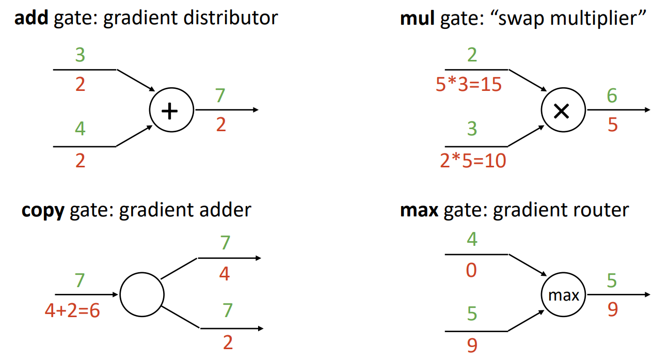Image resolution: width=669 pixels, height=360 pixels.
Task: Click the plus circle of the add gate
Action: click(x=171, y=111)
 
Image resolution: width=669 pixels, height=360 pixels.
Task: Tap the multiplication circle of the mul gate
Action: click(x=563, y=111)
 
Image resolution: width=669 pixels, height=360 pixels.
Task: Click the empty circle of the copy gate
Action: click(x=141, y=295)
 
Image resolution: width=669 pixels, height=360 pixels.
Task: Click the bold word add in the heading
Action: click(x=29, y=19)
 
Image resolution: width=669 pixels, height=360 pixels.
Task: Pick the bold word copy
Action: click(x=43, y=210)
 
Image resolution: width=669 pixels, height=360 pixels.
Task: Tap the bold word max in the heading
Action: click(x=419, y=210)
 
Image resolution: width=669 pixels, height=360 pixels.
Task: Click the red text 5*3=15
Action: click(x=469, y=84)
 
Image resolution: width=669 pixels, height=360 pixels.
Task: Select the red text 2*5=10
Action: click(x=473, y=161)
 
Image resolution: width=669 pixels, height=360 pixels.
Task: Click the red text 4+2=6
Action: click(x=72, y=312)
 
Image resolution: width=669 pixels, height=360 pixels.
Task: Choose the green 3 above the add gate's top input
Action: click(x=80, y=55)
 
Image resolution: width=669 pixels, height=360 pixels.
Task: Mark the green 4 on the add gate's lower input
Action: click(x=80, y=129)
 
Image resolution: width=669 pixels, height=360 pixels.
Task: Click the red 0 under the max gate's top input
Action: click(x=471, y=271)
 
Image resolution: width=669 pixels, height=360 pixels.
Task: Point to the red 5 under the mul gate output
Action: click(x=612, y=124)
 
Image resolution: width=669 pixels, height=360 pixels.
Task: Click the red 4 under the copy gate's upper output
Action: click(x=224, y=273)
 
